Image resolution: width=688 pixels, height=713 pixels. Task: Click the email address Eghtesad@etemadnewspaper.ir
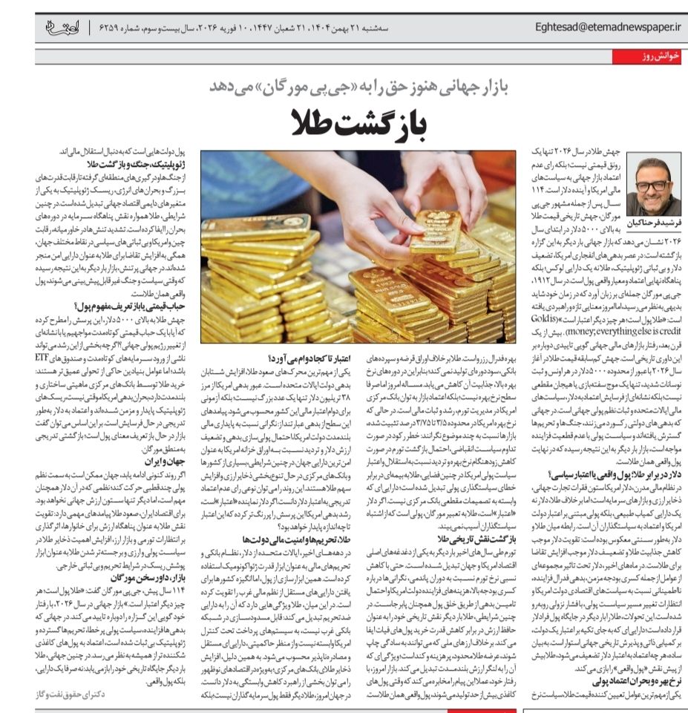pyautogui.click(x=607, y=27)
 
